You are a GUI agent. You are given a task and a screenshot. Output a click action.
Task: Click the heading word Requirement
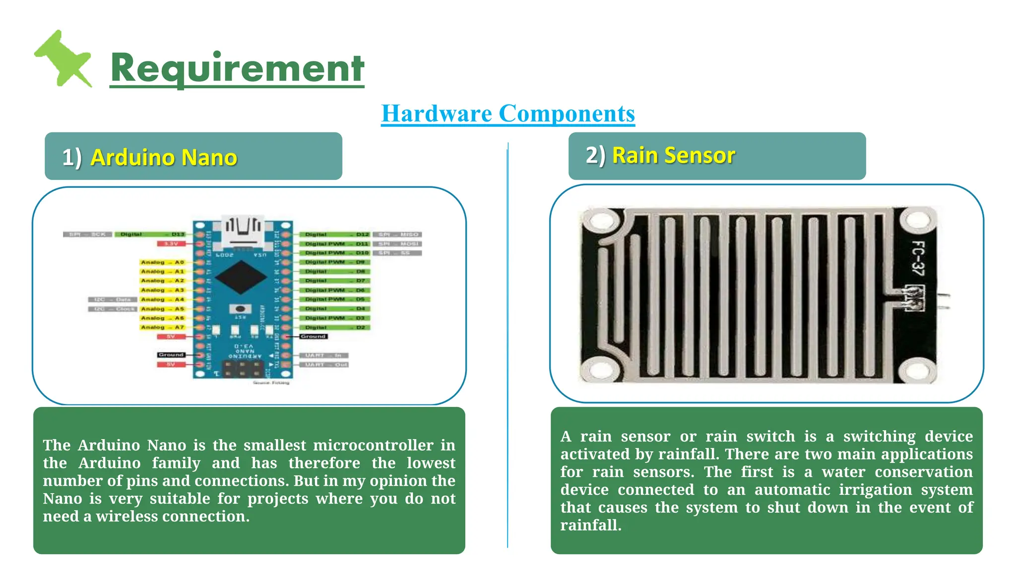tap(237, 68)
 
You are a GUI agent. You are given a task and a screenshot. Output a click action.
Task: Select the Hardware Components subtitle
tap(508, 114)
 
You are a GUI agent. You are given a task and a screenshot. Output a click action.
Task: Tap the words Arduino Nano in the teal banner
tap(164, 158)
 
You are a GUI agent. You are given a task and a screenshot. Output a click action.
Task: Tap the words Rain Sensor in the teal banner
tap(673, 155)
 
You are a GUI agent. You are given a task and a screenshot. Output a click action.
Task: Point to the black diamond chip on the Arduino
tap(241, 278)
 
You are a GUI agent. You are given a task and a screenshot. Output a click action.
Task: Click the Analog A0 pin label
tap(163, 262)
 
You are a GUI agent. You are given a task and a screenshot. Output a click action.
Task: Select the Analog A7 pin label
tap(163, 327)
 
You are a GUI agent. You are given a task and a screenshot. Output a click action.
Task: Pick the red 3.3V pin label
tap(171, 243)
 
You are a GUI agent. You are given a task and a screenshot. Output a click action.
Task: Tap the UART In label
tap(323, 355)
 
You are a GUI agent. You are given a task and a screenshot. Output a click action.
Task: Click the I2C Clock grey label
tap(113, 309)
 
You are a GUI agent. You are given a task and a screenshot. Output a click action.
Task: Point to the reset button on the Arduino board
tap(241, 308)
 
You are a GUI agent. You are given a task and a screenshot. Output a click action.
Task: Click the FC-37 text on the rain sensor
tap(918, 258)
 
